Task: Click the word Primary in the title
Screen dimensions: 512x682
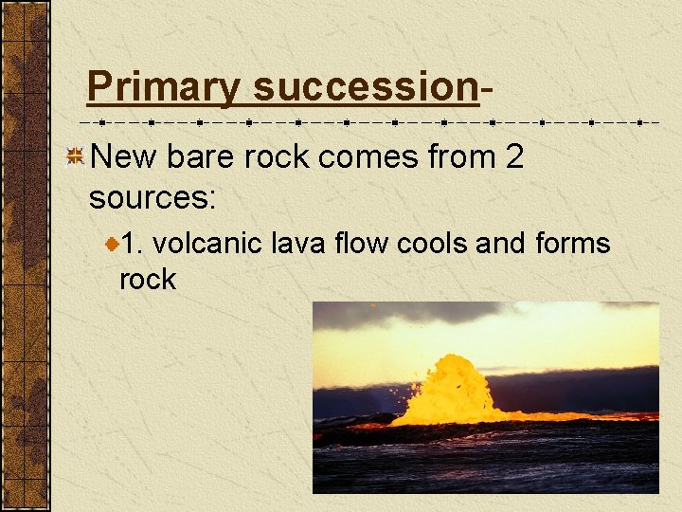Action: [x=163, y=87]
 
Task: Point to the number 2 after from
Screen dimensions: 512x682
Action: [x=514, y=157]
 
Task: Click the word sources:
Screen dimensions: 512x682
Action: [x=153, y=198]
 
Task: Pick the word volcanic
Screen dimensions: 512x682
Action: [x=207, y=244]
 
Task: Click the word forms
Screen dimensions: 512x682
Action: [x=572, y=244]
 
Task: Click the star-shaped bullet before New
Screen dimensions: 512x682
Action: [x=74, y=157]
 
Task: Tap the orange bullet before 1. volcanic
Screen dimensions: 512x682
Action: [x=112, y=245]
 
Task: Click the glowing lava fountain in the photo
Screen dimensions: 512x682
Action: [x=449, y=389]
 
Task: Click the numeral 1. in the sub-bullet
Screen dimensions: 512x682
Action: [x=134, y=244]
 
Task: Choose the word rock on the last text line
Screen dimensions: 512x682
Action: [x=148, y=280]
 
